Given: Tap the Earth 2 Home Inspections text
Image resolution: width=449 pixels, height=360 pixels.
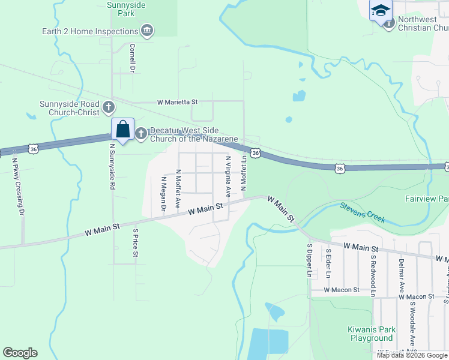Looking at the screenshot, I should (x=90, y=31).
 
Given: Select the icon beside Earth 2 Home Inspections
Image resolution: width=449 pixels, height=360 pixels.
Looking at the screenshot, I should (x=147, y=31).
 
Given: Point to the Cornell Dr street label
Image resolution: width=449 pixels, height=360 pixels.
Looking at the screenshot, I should (x=133, y=58).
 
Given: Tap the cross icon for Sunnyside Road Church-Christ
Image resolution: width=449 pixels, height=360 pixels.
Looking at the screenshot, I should (x=109, y=107).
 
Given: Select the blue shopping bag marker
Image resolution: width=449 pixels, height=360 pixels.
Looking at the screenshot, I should (x=122, y=130).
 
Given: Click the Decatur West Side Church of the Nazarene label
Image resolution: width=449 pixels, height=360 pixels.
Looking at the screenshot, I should (x=193, y=134).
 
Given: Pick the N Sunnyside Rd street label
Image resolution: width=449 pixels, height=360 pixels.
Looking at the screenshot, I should (x=112, y=167).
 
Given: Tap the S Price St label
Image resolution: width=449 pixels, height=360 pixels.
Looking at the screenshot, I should (x=136, y=242).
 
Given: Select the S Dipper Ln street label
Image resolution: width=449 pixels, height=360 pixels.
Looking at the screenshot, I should (x=310, y=260).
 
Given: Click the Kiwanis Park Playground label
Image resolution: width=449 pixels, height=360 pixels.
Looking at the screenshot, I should (x=372, y=334).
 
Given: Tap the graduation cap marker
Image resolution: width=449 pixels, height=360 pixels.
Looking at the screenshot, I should (x=380, y=11).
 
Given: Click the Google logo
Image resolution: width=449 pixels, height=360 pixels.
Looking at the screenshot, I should (x=20, y=353).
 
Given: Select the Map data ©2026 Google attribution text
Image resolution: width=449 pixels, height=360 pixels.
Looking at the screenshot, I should (x=411, y=355).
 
